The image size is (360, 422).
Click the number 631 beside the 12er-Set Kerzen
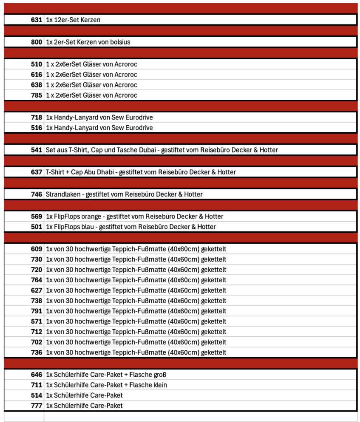[36, 20]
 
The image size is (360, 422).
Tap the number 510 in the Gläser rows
[36, 64]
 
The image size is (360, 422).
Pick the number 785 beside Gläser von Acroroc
[36, 95]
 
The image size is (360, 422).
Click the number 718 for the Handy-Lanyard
[36, 117]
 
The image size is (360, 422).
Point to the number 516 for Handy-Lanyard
[36, 128]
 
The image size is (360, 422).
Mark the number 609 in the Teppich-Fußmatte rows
[36, 249]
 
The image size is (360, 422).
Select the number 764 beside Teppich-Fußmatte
[36, 280]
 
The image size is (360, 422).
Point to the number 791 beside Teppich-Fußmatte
[36, 311]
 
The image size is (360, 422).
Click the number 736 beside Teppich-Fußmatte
[36, 353]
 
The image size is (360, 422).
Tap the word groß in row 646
[159, 375]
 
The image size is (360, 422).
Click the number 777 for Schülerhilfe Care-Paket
[36, 406]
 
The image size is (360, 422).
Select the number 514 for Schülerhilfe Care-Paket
[36, 396]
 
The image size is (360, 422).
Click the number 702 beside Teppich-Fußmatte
[36, 342]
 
